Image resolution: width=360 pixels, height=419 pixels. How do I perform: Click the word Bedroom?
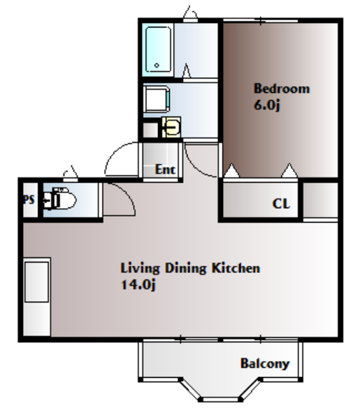[x=282, y=89]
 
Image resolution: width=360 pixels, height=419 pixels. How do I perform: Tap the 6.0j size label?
[x=266, y=105]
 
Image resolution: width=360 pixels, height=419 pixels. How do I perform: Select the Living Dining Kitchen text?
[x=190, y=268]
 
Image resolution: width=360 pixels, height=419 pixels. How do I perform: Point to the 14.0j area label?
[x=138, y=284]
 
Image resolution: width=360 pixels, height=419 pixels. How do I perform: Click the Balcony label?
[x=265, y=363]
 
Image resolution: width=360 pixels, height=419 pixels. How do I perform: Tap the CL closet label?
[x=281, y=204]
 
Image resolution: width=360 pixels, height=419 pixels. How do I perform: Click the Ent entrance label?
[x=165, y=170]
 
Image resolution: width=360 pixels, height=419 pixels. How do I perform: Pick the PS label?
[x=29, y=200]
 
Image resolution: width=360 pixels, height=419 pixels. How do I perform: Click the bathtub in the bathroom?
[x=158, y=49]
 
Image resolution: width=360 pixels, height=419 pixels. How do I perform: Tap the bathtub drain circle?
[x=157, y=65]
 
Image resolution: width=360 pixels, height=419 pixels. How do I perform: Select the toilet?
[x=59, y=199]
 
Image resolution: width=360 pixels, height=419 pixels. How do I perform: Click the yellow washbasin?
[x=171, y=128]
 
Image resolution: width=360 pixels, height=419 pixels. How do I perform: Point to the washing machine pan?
[x=156, y=98]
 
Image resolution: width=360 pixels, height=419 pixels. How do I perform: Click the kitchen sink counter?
[x=36, y=297]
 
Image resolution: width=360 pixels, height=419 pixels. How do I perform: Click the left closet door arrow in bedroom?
[x=231, y=170]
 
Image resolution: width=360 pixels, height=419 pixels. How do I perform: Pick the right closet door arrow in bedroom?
[x=289, y=170]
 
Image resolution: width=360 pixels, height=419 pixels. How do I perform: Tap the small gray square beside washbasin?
[x=150, y=130]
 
